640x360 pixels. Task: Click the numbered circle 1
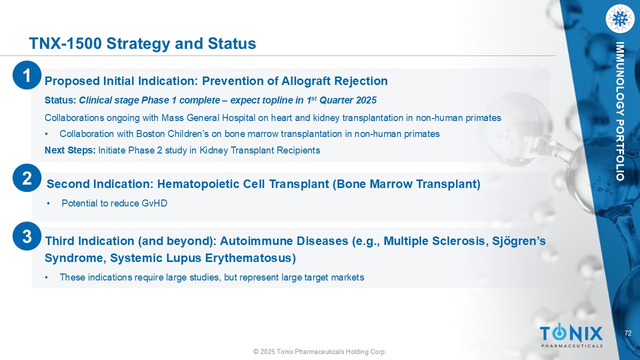point(27,75)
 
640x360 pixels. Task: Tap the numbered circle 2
point(27,177)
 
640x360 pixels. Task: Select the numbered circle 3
point(27,236)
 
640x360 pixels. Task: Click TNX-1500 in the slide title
point(65,43)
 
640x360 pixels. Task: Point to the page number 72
point(627,333)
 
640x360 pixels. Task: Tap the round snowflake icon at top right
point(619,19)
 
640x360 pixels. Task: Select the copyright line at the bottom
point(320,351)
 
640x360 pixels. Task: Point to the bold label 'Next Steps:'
point(70,150)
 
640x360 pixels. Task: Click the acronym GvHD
point(154,203)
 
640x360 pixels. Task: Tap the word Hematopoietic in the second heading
point(211,184)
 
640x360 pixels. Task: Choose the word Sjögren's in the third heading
point(519,241)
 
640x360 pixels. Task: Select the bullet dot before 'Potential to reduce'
point(48,203)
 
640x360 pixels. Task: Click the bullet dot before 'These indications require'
point(46,277)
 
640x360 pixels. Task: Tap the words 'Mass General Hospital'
point(208,117)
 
